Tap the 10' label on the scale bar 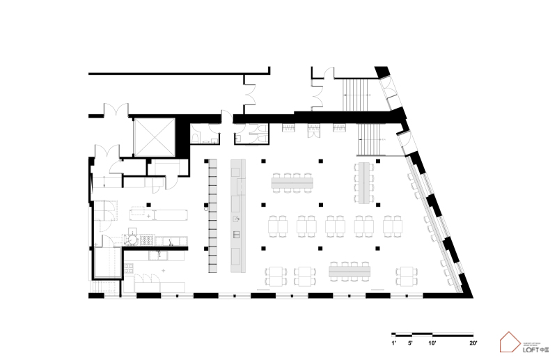click(432, 343)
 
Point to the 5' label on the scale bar click(411, 343)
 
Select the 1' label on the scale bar click(393, 343)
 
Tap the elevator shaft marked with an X click(153, 137)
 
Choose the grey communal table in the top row click(292, 182)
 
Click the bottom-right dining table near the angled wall click(407, 276)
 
